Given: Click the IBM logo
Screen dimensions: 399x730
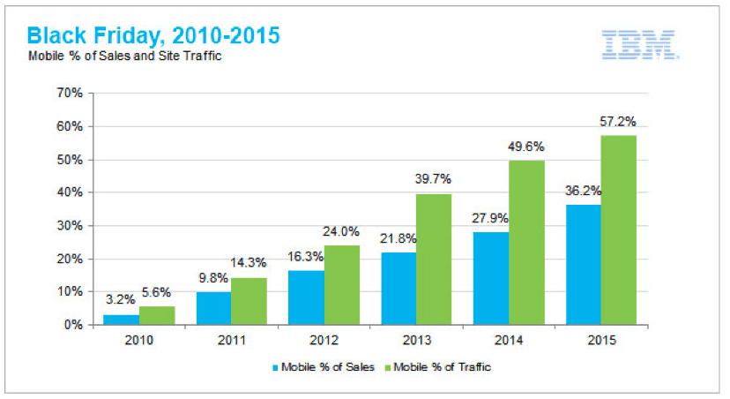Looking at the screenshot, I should pyautogui.click(x=639, y=44).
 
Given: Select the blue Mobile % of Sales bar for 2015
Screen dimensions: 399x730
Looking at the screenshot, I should pyautogui.click(x=584, y=265).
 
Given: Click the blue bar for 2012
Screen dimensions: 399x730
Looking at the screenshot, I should pyautogui.click(x=305, y=297).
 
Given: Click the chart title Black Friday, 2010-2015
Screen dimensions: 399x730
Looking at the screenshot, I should pyautogui.click(x=153, y=36).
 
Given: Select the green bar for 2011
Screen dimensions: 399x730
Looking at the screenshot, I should pyautogui.click(x=250, y=301).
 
